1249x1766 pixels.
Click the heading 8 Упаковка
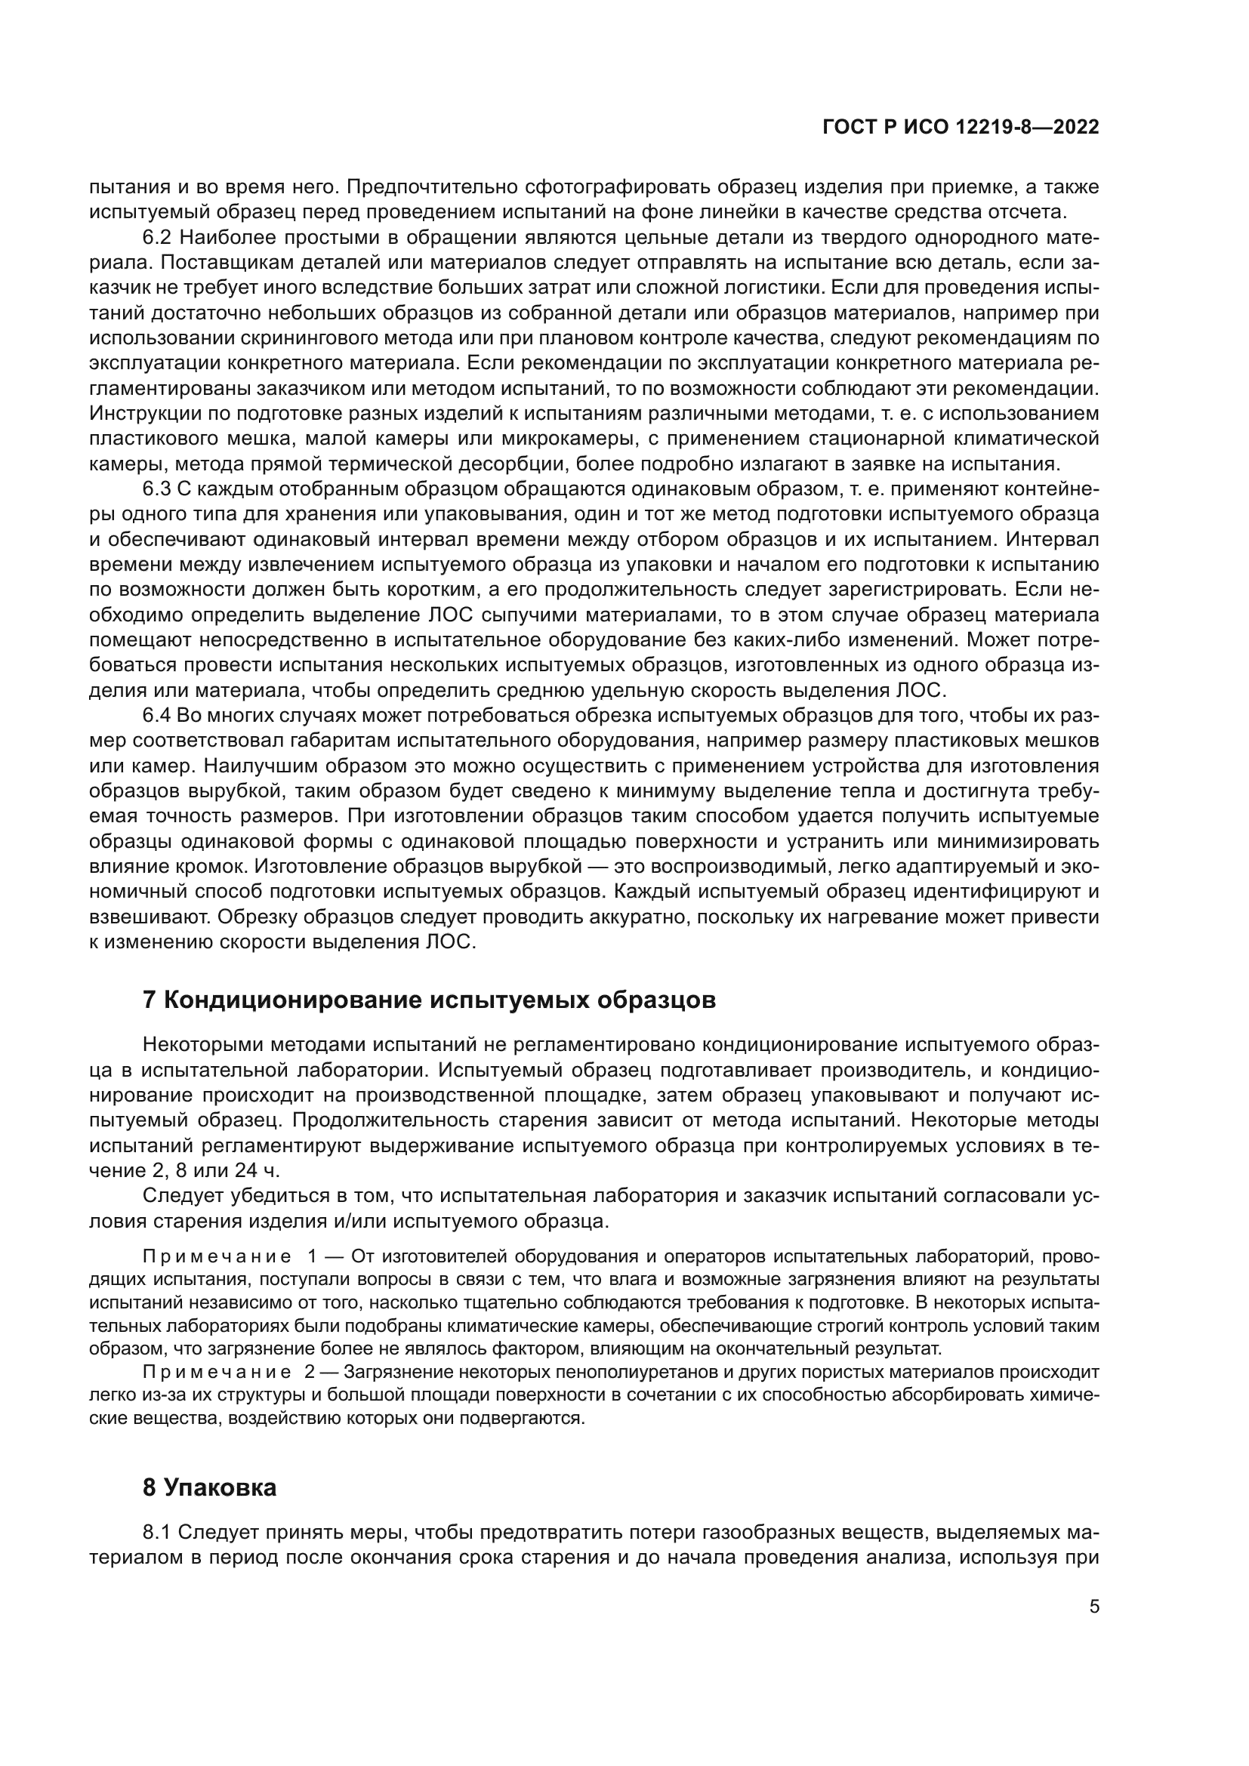click(x=209, y=1487)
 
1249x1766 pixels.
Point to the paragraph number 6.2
click(x=160, y=238)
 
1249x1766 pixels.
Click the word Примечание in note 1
click(x=217, y=1257)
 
